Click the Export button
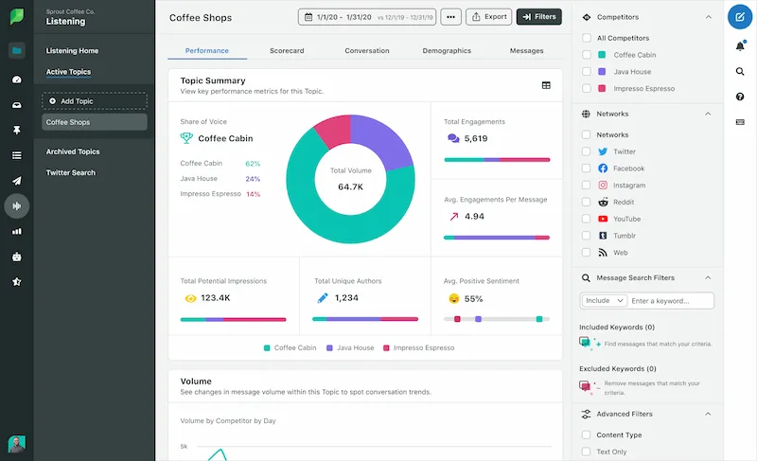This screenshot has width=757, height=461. click(488, 17)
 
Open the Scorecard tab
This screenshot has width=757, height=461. click(286, 50)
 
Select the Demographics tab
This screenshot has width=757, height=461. click(447, 50)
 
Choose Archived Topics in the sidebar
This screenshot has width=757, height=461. click(73, 151)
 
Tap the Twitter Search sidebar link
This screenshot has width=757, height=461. click(71, 172)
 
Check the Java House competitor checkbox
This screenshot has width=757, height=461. click(587, 71)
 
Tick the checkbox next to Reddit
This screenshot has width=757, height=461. click(587, 202)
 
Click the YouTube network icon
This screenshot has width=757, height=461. click(603, 219)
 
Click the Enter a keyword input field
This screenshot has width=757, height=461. click(671, 301)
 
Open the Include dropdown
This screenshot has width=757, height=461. click(604, 301)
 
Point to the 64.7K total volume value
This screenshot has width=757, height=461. click(350, 187)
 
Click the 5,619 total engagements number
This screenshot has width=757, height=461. click(476, 138)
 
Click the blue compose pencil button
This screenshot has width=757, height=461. click(739, 17)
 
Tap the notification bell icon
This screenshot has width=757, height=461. click(739, 45)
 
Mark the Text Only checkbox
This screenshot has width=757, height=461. click(587, 452)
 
